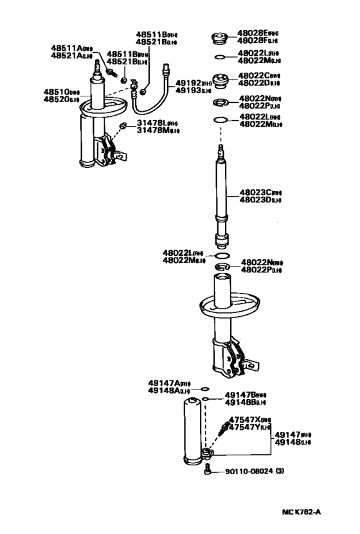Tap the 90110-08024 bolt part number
coord(248,472)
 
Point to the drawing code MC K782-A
coord(301,512)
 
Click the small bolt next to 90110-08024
coord(206,472)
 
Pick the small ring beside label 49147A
coord(204,389)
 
